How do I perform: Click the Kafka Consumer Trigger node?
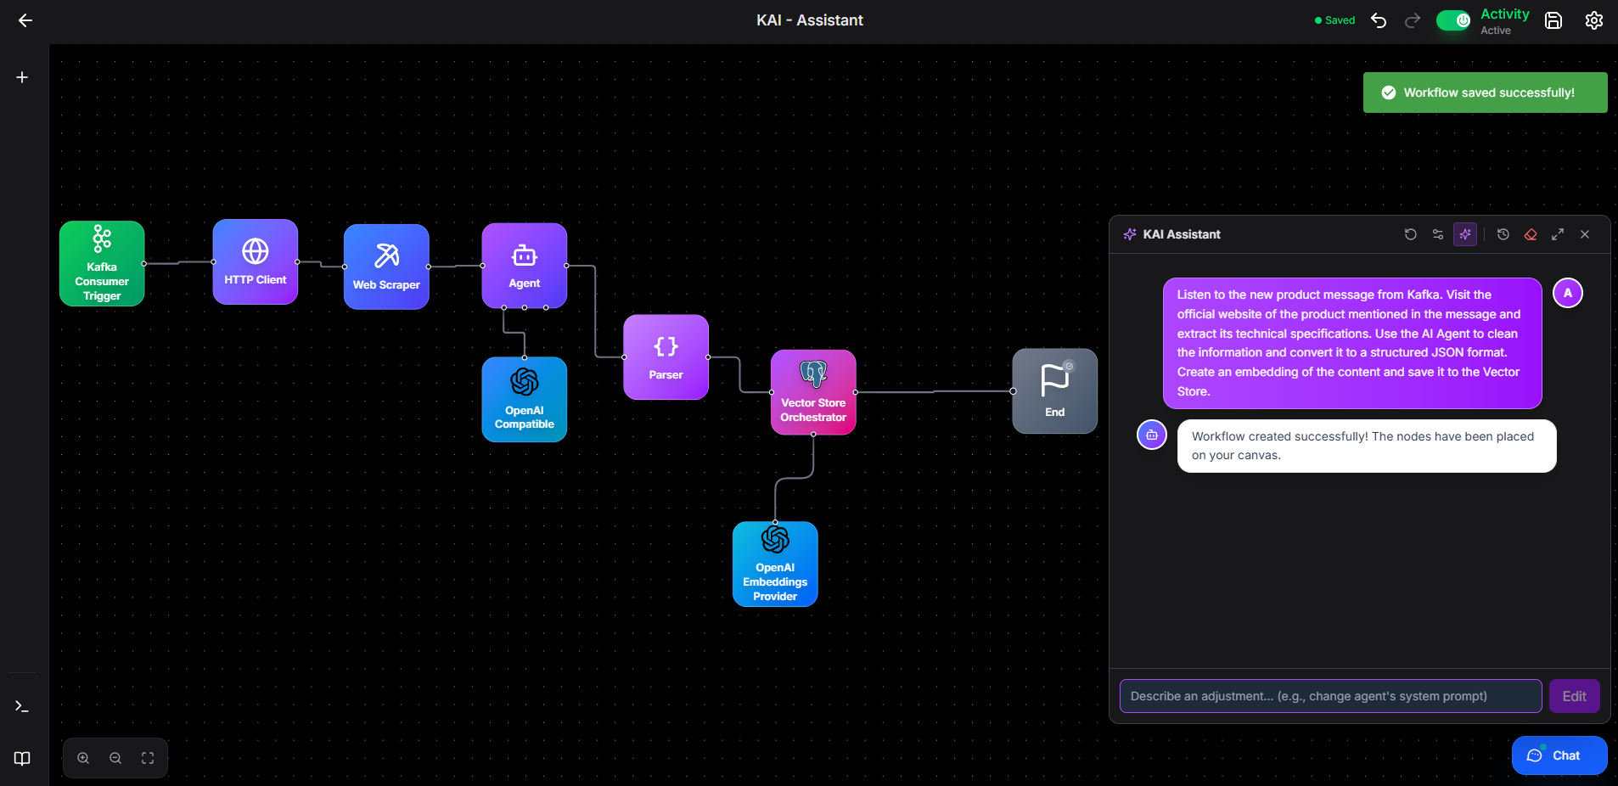(x=102, y=263)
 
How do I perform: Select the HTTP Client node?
(x=256, y=261)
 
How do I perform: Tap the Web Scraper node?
(x=386, y=267)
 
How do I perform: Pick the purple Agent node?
(x=525, y=266)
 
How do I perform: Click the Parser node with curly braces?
(x=666, y=357)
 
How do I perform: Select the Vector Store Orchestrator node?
(x=813, y=392)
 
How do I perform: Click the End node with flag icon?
(x=1055, y=391)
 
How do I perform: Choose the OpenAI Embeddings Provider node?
(x=775, y=564)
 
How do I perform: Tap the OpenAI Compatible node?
(x=525, y=400)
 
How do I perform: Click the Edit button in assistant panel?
(x=1575, y=696)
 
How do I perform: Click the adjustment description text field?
(x=1330, y=696)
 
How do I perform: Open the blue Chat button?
(x=1559, y=755)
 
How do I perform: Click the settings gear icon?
(x=1594, y=20)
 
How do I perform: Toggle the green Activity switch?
(x=1453, y=20)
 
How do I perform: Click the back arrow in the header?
(x=25, y=20)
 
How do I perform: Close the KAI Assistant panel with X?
(x=1585, y=234)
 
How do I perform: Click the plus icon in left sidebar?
(x=22, y=77)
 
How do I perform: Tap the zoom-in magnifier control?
(x=83, y=758)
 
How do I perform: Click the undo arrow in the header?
(x=1379, y=20)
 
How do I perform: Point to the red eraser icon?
(x=1531, y=234)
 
